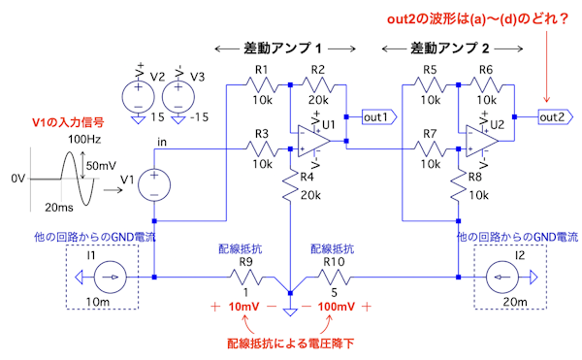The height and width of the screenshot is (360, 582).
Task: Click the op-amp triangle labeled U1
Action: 313,141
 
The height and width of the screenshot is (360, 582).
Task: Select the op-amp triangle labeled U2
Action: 481,141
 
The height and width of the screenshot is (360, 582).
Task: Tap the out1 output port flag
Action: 379,117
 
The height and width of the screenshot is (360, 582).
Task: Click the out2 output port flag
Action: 555,117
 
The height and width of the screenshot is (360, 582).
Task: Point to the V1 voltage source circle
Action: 154,184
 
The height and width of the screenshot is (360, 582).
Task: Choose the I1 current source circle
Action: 111,278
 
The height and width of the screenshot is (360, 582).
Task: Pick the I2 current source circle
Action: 502,278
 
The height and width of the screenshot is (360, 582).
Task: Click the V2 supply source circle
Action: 138,97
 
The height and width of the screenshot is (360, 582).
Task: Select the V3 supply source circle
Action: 178,97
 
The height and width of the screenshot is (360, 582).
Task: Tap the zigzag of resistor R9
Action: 246,278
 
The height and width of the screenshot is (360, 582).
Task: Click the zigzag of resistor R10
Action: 334,278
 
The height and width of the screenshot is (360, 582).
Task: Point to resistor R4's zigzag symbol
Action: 291,185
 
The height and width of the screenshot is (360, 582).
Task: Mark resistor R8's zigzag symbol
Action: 459,185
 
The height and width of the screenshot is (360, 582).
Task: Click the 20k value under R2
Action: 318,100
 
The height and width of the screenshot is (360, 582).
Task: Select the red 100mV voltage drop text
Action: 337,307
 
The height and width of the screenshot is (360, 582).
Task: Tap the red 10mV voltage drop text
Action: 243,307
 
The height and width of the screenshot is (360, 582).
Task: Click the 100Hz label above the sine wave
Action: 84,139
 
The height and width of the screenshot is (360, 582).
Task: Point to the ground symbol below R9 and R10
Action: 290,311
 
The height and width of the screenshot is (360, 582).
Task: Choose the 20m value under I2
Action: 515,302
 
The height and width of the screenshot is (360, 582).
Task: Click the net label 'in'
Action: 162,142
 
